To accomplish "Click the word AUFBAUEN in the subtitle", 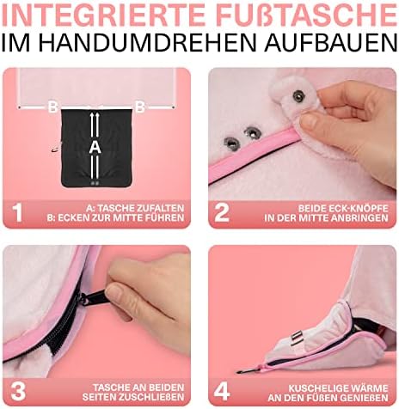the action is [330, 42].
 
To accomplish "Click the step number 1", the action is [17, 212].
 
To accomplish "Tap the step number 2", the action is [222, 212].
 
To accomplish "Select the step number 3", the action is [18, 391].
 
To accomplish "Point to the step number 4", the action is [222, 391].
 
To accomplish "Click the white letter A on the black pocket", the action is [95, 148].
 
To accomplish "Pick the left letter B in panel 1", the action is [52, 107].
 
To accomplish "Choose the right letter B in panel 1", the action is [140, 107].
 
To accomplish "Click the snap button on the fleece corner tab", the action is [298, 96].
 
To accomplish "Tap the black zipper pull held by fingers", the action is [92, 297].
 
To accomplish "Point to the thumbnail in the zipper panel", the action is [116, 292].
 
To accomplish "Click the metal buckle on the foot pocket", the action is [296, 337].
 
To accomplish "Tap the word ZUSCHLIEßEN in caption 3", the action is [151, 397].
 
